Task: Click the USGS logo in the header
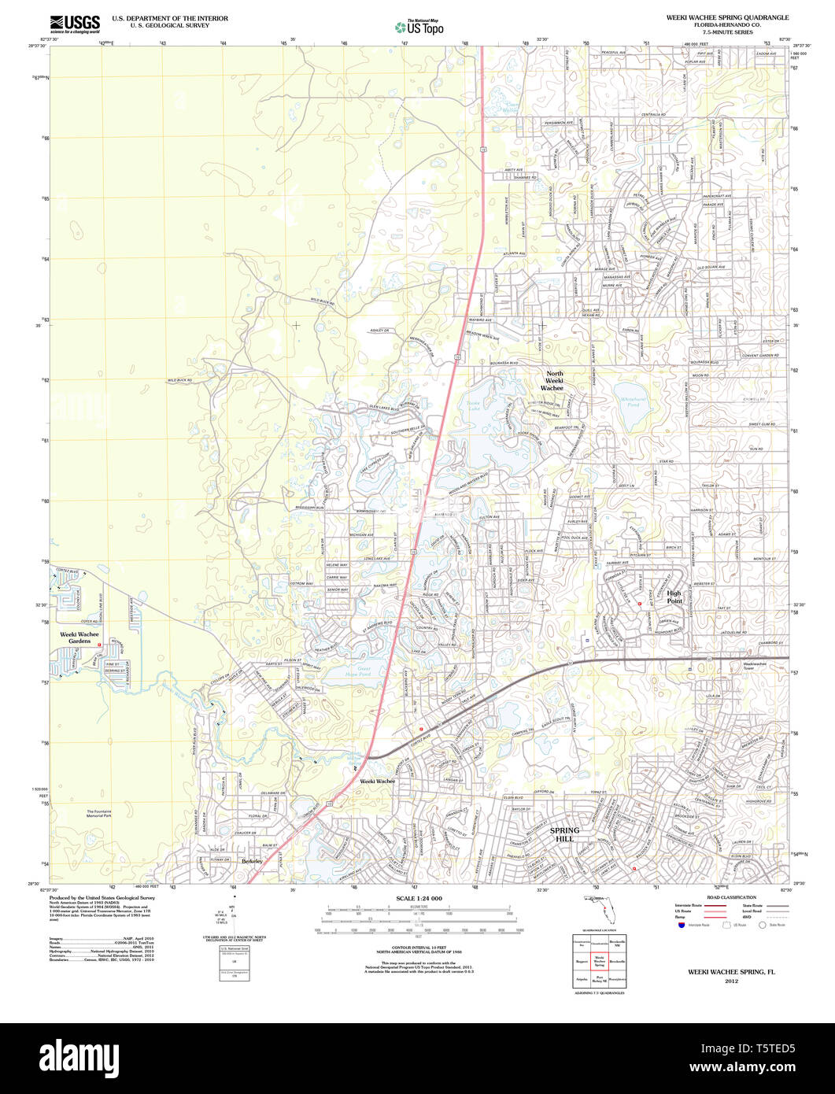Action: pos(75,24)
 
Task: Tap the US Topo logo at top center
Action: pos(419,27)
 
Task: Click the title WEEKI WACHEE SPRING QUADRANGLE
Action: pos(727,17)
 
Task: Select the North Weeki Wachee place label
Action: pos(555,381)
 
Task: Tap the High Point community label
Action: pos(674,597)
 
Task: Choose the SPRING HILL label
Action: pos(564,834)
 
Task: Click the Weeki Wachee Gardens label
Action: pos(79,638)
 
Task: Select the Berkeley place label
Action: pos(252,862)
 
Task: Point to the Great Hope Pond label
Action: pos(358,671)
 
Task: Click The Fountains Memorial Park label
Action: pos(105,814)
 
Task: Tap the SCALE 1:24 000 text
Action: pos(419,898)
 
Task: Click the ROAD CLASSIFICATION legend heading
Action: pos(731,897)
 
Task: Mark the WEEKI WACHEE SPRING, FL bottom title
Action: pos(732,972)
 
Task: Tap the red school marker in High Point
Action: pos(640,604)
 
